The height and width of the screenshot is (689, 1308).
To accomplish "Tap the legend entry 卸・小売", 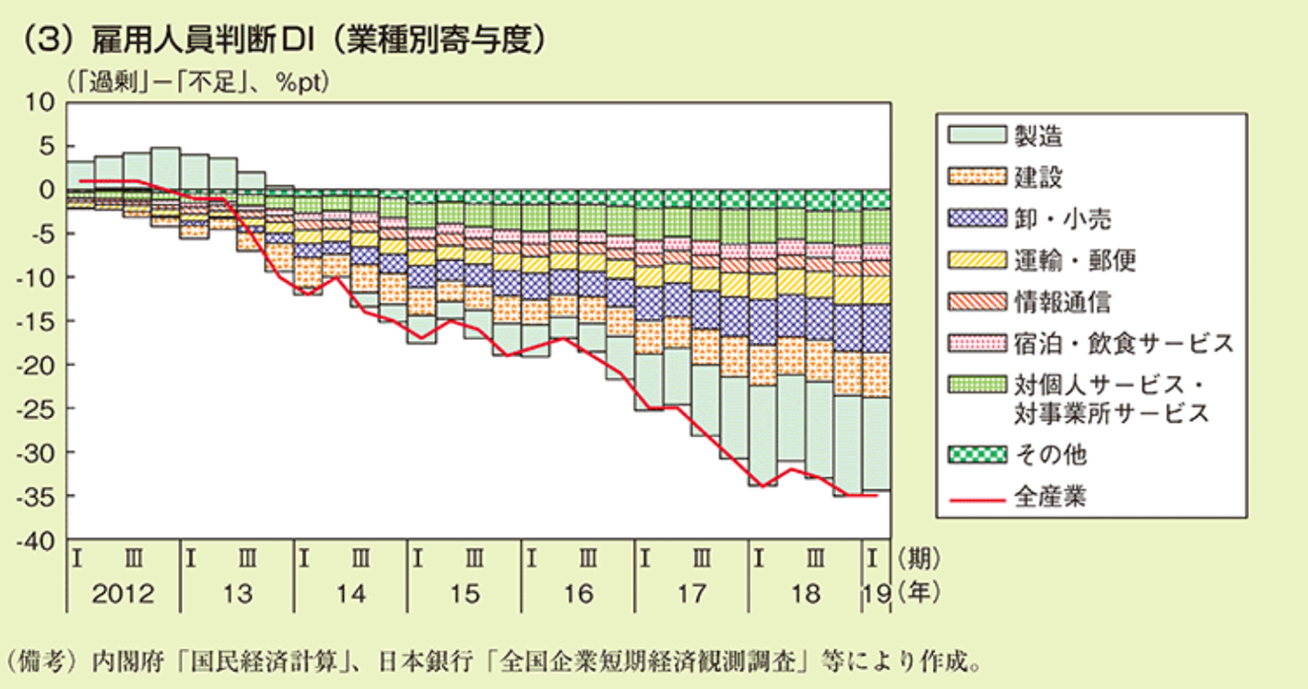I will pyautogui.click(x=1062, y=218).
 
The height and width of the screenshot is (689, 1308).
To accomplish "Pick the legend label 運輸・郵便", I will pyautogui.click(x=1075, y=260).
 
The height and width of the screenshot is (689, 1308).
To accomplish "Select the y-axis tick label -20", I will pyautogui.click(x=41, y=365).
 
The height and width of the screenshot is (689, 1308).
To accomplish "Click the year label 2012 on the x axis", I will pyautogui.click(x=124, y=594).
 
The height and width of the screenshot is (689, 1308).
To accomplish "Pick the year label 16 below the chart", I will pyautogui.click(x=579, y=594).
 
